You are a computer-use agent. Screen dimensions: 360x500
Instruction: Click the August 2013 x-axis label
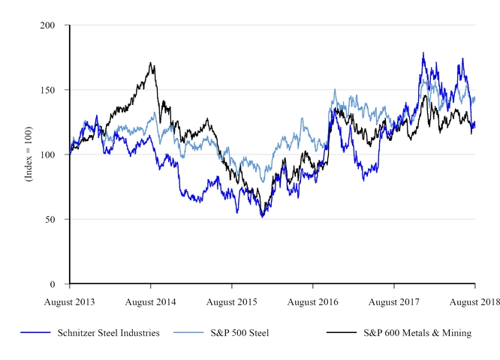point(70,301)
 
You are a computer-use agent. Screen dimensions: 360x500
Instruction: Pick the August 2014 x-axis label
point(151,301)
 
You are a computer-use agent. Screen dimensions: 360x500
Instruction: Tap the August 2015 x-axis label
point(232,301)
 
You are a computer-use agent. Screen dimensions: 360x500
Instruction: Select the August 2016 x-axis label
point(313,301)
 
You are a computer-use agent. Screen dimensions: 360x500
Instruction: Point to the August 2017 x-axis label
point(394,301)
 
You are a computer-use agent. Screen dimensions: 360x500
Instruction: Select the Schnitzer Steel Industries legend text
point(109,333)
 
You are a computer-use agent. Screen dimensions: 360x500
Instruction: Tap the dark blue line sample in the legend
point(35,333)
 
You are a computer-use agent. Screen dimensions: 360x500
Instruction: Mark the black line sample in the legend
point(342,333)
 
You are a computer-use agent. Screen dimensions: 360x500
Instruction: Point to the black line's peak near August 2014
point(151,63)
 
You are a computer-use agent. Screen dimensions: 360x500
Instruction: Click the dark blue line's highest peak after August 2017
point(423,53)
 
